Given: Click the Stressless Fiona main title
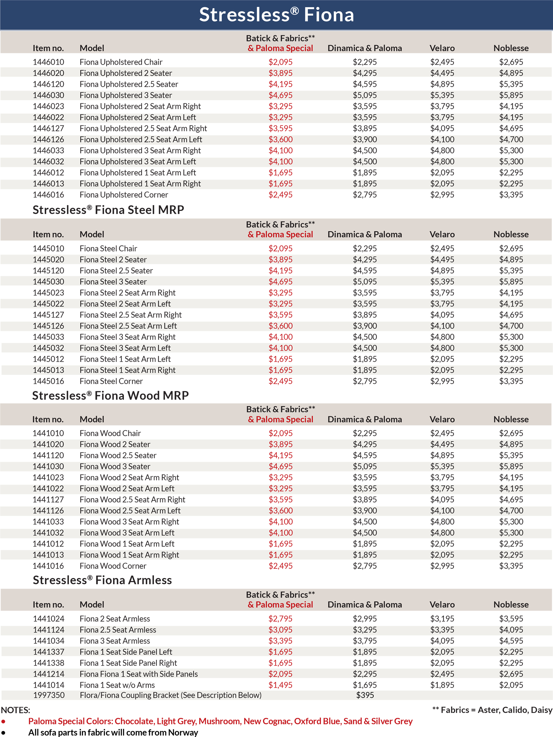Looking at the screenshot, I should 276,15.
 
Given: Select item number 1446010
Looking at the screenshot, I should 48,62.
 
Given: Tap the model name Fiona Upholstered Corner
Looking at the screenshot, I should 124,195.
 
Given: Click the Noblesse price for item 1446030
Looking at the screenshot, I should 511,95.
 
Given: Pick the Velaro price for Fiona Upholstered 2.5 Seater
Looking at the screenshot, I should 442,84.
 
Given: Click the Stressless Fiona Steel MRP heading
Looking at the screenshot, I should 108,210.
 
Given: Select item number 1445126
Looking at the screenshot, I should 48,326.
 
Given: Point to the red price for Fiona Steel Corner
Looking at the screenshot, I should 280,381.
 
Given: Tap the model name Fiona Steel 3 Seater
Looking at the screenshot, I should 113,282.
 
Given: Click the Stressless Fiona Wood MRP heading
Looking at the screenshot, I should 110,395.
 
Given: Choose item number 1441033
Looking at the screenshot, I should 48,522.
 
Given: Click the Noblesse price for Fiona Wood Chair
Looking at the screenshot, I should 511,433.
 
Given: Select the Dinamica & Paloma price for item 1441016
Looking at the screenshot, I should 365,566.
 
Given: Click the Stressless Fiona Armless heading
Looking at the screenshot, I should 102,580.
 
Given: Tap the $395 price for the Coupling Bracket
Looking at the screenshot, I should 365,695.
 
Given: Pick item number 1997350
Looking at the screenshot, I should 49,695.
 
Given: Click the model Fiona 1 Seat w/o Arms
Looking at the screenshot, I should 117,685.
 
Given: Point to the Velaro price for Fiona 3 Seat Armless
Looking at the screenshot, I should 442,641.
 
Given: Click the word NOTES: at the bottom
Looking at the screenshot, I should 15,710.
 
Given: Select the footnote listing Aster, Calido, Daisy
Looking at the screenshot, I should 492,710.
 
